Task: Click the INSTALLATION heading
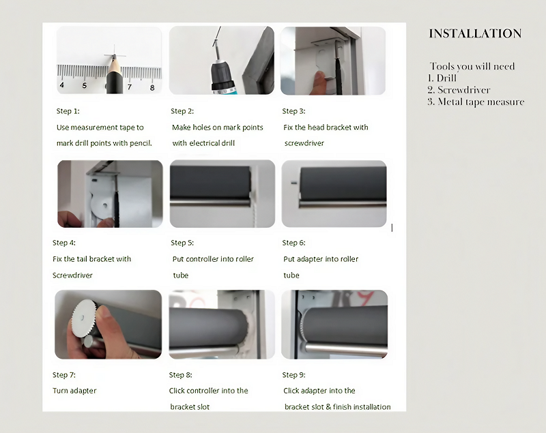point(475,33)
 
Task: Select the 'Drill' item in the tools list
point(447,78)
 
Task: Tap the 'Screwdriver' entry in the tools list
point(463,90)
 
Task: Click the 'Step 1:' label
point(68,110)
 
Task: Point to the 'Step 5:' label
point(182,243)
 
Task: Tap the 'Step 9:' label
point(294,374)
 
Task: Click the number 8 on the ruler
point(152,87)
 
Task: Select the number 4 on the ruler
point(62,85)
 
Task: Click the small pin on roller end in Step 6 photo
point(291,182)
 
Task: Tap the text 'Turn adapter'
point(74,391)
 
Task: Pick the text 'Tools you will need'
point(472,66)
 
